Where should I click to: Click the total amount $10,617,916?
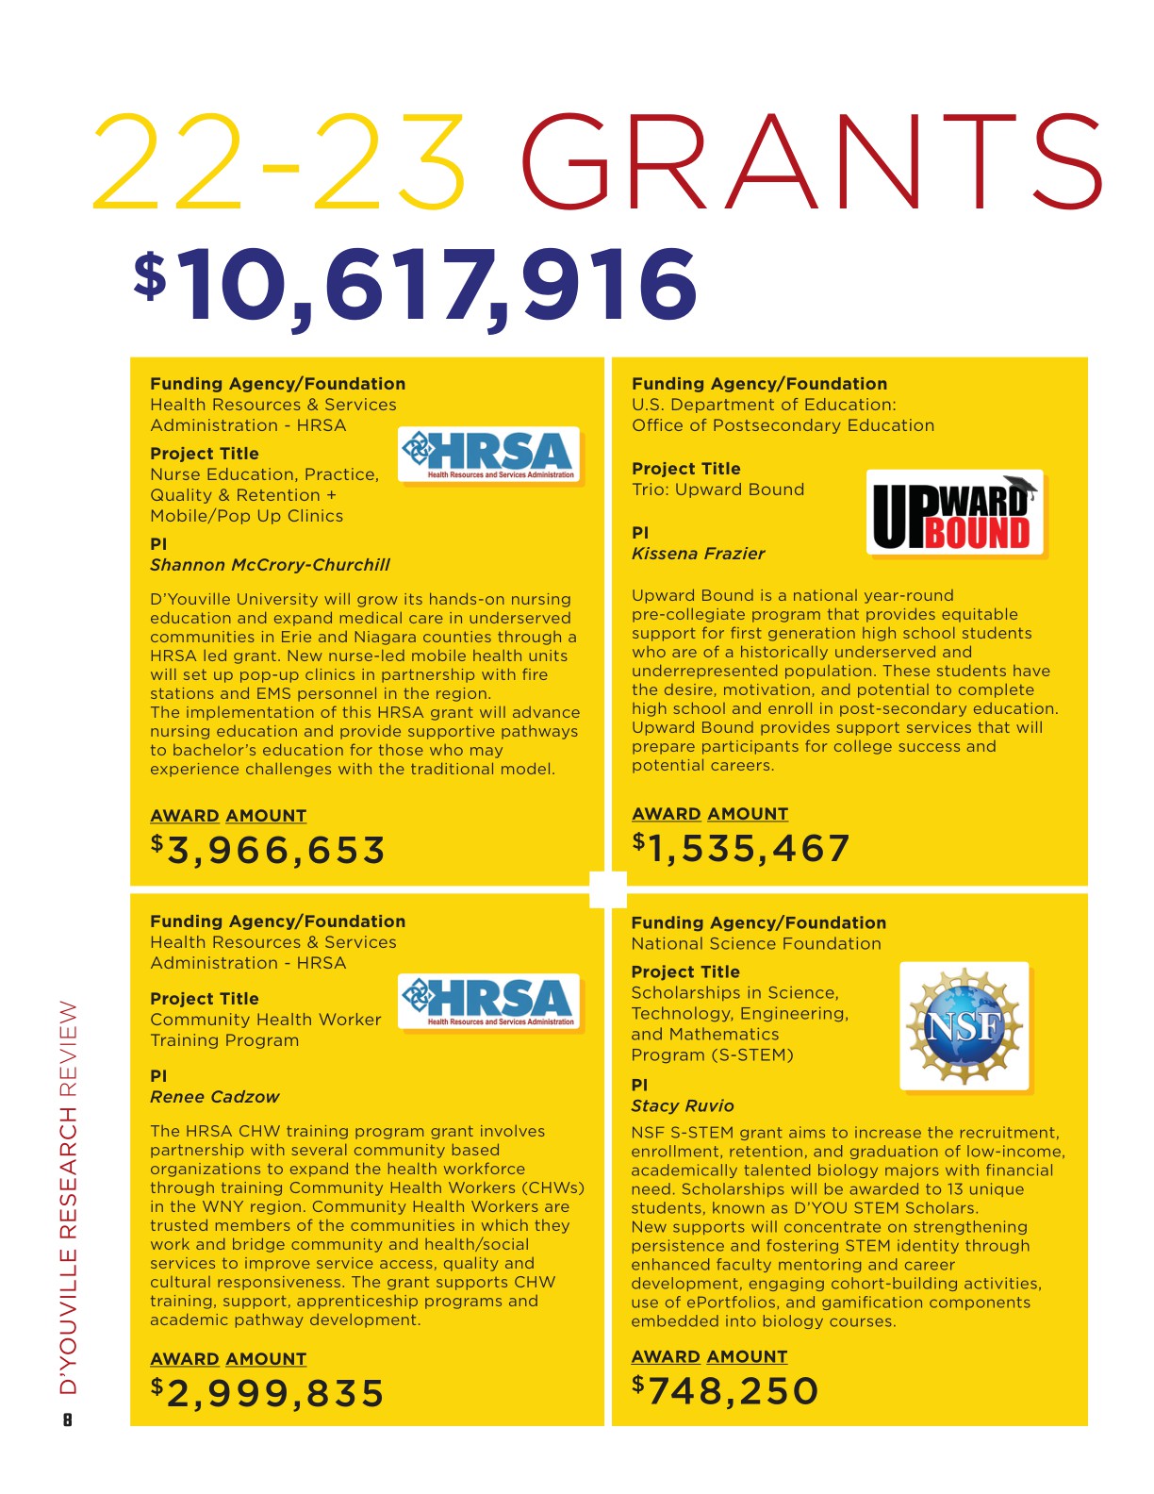click(417, 287)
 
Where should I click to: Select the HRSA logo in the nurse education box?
click(489, 456)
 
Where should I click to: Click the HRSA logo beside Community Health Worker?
click(489, 1002)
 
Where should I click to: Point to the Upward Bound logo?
click(954, 513)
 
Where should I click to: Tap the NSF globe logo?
click(964, 1025)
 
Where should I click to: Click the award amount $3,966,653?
click(269, 851)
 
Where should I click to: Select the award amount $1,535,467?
click(741, 849)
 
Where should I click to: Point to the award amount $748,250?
click(725, 1391)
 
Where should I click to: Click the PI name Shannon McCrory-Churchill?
click(270, 565)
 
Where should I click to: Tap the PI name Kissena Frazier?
click(698, 554)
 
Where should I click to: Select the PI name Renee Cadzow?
click(215, 1097)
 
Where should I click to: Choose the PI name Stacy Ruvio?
click(682, 1106)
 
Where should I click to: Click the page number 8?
click(67, 1419)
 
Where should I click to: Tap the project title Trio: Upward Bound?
click(717, 490)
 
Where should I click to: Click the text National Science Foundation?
click(756, 943)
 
